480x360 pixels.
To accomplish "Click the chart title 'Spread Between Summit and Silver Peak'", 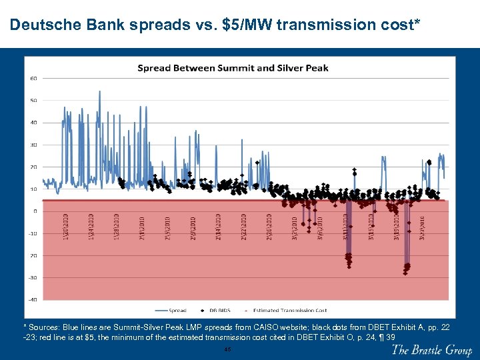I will [x=233, y=68].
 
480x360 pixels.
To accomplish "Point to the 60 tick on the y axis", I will [x=33, y=78].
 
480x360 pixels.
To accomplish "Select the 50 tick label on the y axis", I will [x=33, y=100].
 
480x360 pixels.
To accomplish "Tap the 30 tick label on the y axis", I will [x=33, y=145].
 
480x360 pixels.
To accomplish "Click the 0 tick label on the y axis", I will [x=34, y=211].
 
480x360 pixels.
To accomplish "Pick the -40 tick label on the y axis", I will [x=33, y=299].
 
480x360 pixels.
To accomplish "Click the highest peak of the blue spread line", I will [x=99, y=91].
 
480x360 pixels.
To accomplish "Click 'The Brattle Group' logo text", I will [x=431, y=350].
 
